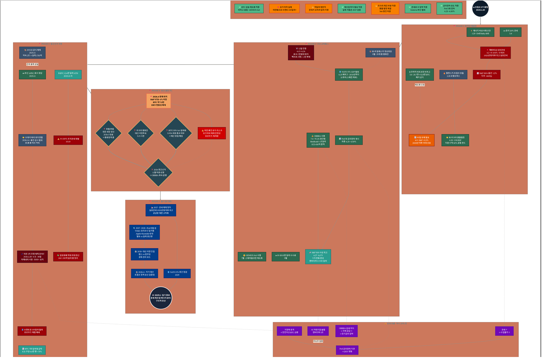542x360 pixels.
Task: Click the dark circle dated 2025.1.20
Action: tap(480, 8)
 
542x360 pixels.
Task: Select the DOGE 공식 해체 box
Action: tap(32, 53)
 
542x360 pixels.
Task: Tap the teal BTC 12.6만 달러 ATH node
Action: tap(68, 75)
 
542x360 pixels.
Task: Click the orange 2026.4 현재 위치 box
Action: tap(159, 101)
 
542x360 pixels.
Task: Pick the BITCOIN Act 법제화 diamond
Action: tap(176, 133)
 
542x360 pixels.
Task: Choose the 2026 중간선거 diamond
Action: tap(158, 173)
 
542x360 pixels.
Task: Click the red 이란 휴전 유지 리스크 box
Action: tap(212, 133)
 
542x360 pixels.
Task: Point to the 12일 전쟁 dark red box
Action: tap(301, 53)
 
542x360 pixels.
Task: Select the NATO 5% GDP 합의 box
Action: tap(349, 75)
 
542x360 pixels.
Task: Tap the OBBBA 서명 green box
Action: tap(318, 140)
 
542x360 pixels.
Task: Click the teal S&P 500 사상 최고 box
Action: tap(318, 256)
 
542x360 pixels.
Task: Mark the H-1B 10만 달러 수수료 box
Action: tap(285, 257)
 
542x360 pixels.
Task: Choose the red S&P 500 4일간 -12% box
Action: tap(487, 75)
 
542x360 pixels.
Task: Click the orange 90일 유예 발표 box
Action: tap(421, 140)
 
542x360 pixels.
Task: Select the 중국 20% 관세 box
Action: tap(510, 32)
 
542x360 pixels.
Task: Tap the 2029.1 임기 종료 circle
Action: tap(161, 298)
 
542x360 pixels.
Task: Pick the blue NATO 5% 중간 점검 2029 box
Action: tap(177, 273)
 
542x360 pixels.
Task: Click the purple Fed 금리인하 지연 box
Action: tap(347, 350)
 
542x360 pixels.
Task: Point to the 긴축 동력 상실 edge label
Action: tap(32, 64)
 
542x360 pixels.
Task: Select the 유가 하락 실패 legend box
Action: tap(284, 8)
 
